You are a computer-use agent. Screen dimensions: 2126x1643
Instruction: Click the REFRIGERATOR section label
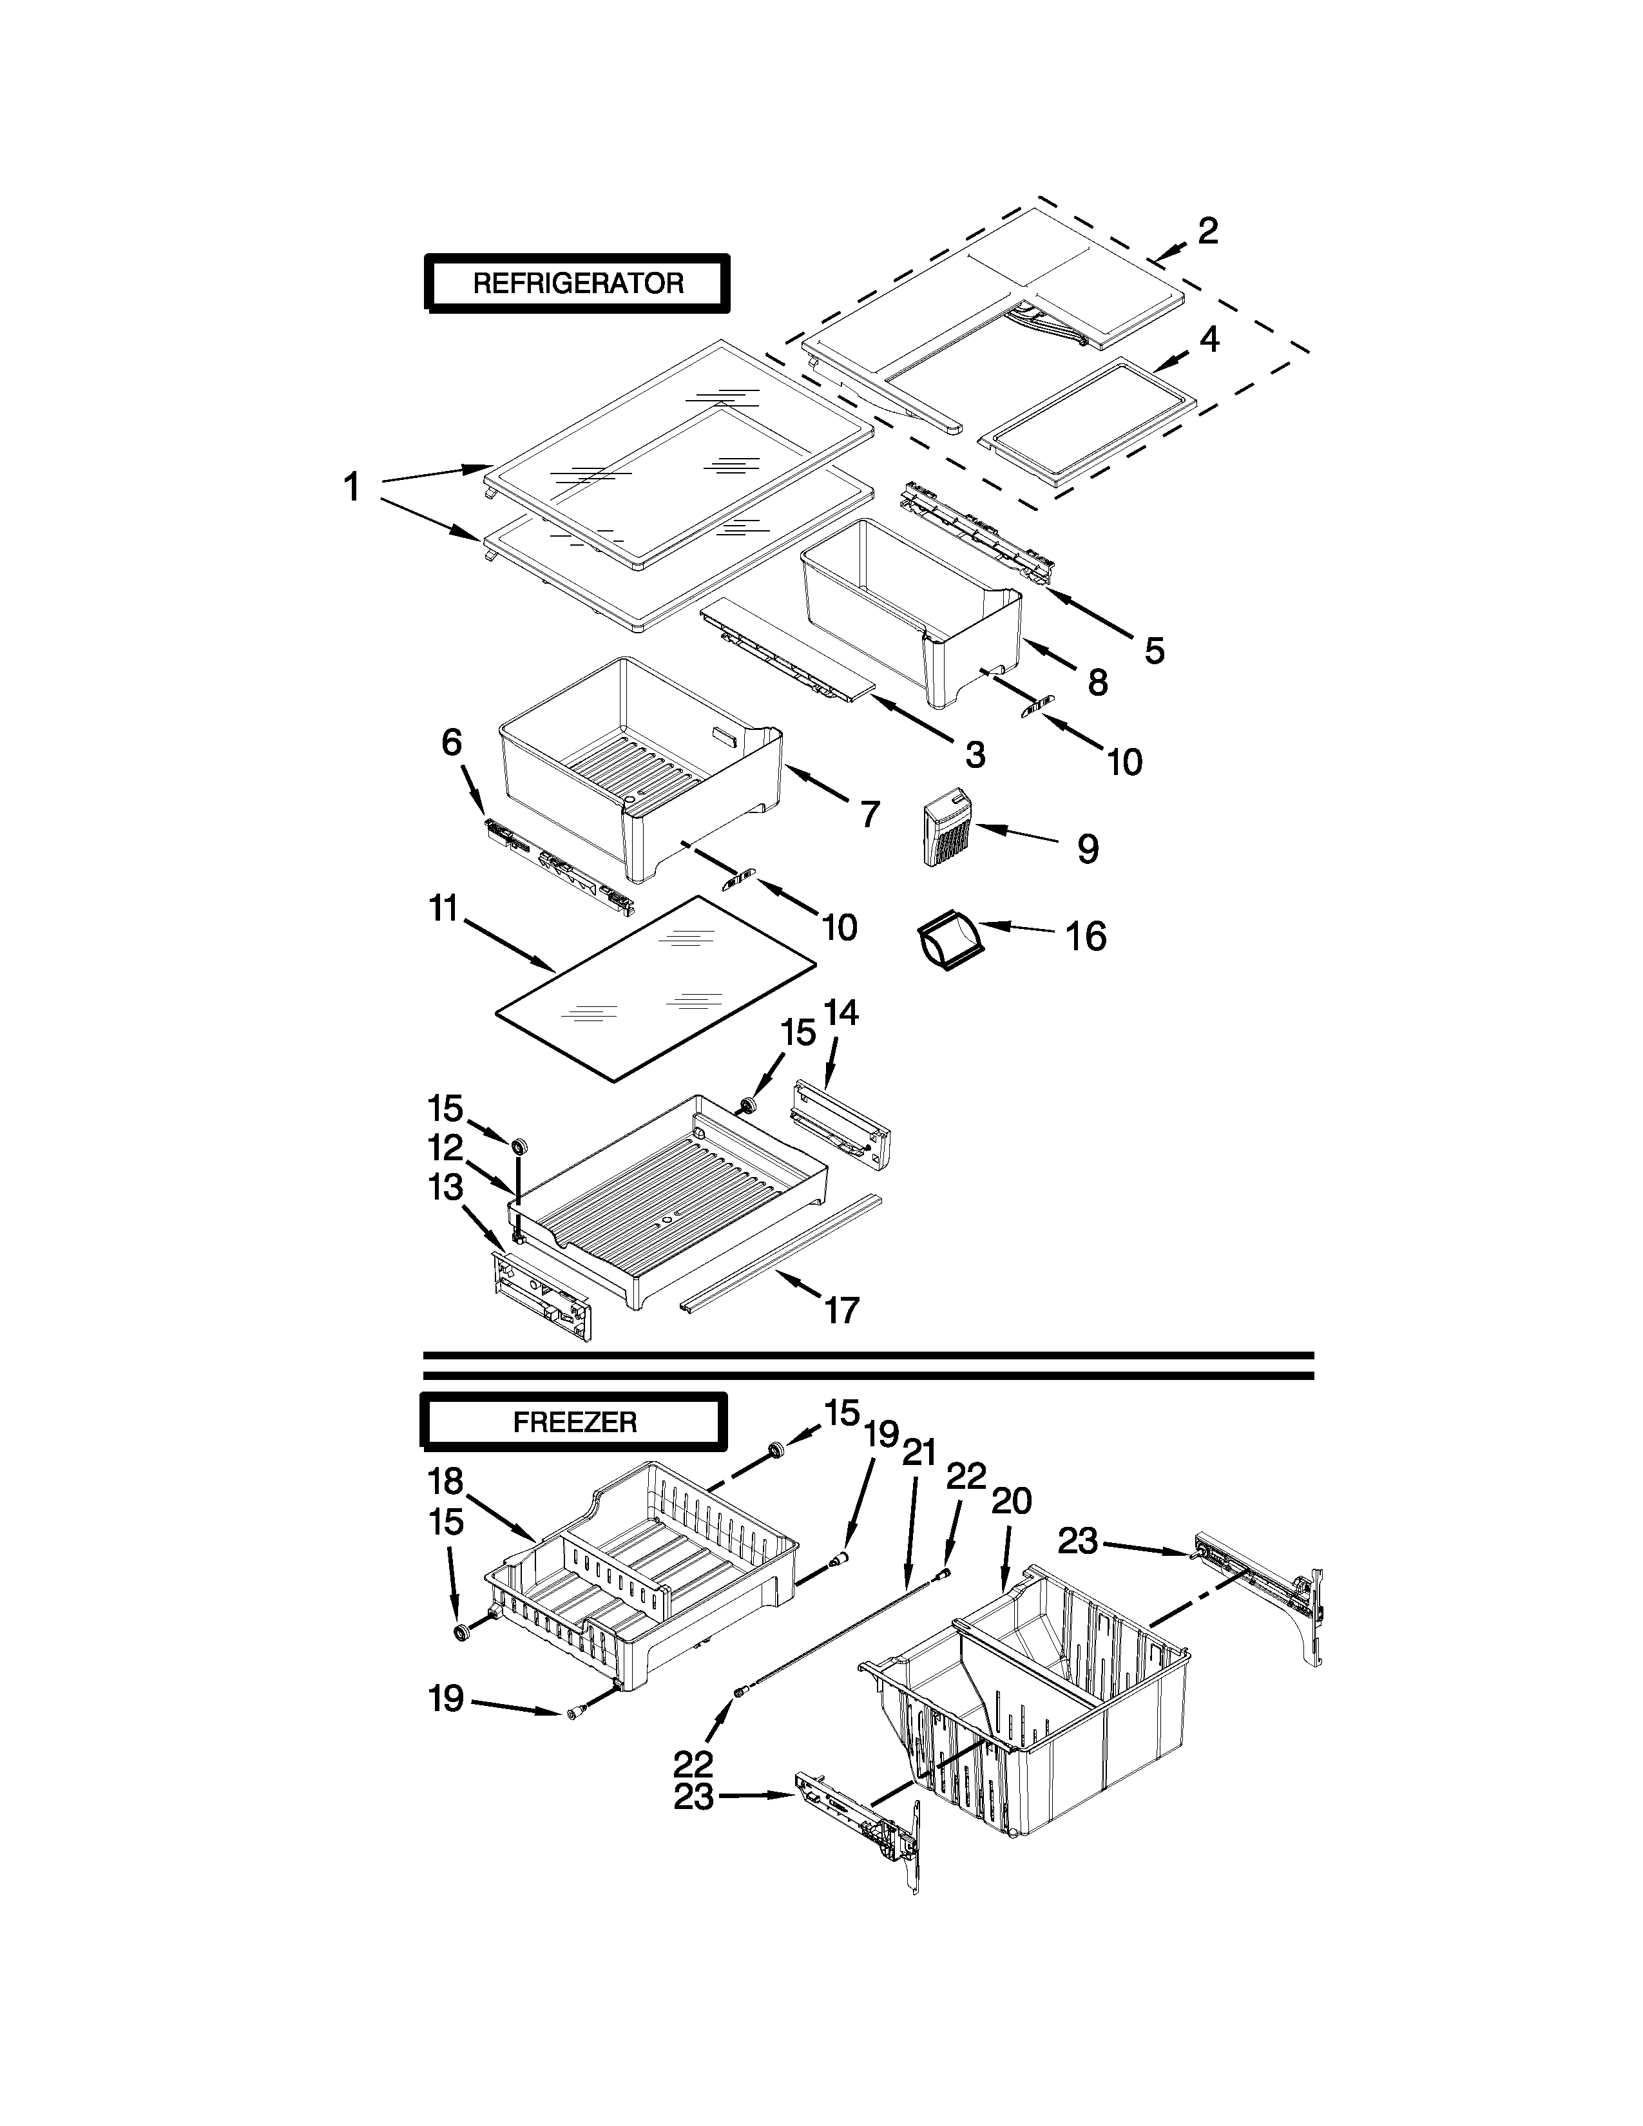[x=577, y=283]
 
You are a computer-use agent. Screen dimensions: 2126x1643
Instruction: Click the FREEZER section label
[x=574, y=1422]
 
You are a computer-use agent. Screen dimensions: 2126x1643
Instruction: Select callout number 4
[x=1208, y=339]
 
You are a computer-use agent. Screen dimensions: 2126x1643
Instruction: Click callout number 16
[x=1085, y=937]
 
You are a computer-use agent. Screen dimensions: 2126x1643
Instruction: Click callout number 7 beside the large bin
[x=869, y=813]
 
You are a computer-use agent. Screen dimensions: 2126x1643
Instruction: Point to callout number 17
[x=842, y=1310]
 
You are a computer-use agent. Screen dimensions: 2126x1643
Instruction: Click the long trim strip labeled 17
[x=779, y=1256]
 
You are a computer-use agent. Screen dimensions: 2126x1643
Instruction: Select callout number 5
[x=1153, y=650]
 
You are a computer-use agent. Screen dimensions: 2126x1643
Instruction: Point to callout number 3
[x=974, y=754]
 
